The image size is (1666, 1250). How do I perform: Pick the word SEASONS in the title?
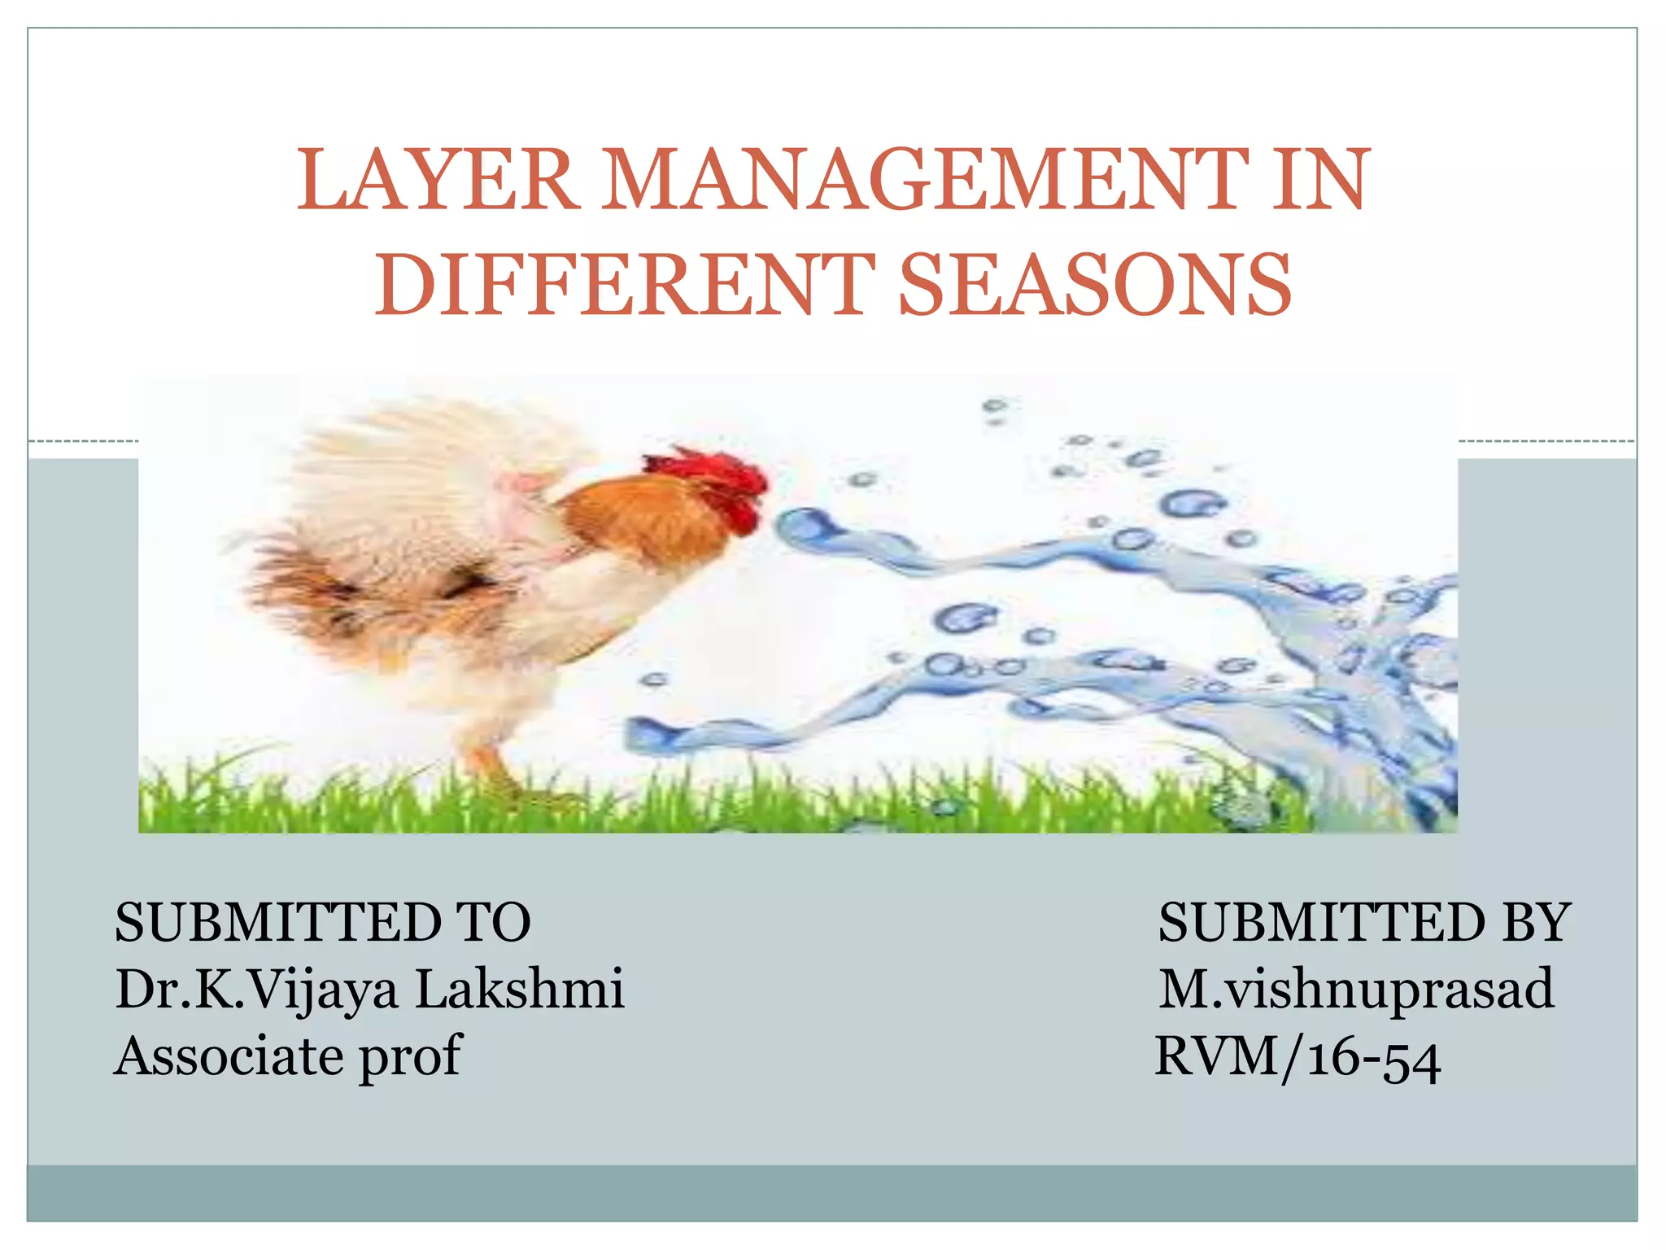pyautogui.click(x=1094, y=284)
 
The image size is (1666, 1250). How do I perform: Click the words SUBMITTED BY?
pyautogui.click(x=1364, y=923)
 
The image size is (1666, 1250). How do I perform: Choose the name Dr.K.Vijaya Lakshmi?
pyautogui.click(x=370, y=990)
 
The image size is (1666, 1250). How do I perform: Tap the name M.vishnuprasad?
pyautogui.click(x=1356, y=990)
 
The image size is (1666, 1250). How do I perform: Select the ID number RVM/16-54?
pyautogui.click(x=1298, y=1057)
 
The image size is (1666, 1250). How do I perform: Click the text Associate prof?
pyautogui.click(x=289, y=1057)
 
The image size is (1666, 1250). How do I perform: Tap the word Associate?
pyautogui.click(x=230, y=1056)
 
